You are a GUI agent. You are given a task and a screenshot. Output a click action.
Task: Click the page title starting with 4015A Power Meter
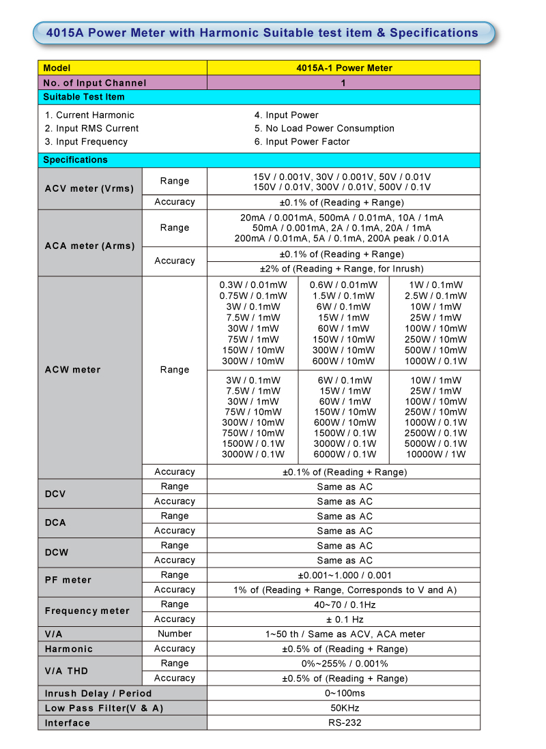tap(262, 33)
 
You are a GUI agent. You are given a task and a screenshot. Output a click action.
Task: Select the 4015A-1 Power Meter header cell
tap(344, 68)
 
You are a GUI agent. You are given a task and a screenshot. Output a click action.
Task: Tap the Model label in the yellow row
tap(57, 68)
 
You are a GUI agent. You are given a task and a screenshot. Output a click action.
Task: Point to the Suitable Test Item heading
tap(84, 97)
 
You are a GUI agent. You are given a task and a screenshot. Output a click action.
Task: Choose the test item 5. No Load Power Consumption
tap(324, 128)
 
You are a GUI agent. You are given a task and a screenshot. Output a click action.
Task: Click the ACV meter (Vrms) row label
tap(89, 188)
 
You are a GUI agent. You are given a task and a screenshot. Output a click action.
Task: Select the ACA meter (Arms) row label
tap(89, 246)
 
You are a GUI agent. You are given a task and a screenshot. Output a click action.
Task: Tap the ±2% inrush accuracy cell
tap(342, 269)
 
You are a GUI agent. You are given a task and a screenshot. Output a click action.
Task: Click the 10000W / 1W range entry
tap(436, 454)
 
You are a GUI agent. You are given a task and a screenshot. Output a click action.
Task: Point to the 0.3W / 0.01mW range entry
tap(253, 285)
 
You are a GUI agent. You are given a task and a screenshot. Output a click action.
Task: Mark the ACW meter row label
tap(72, 370)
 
